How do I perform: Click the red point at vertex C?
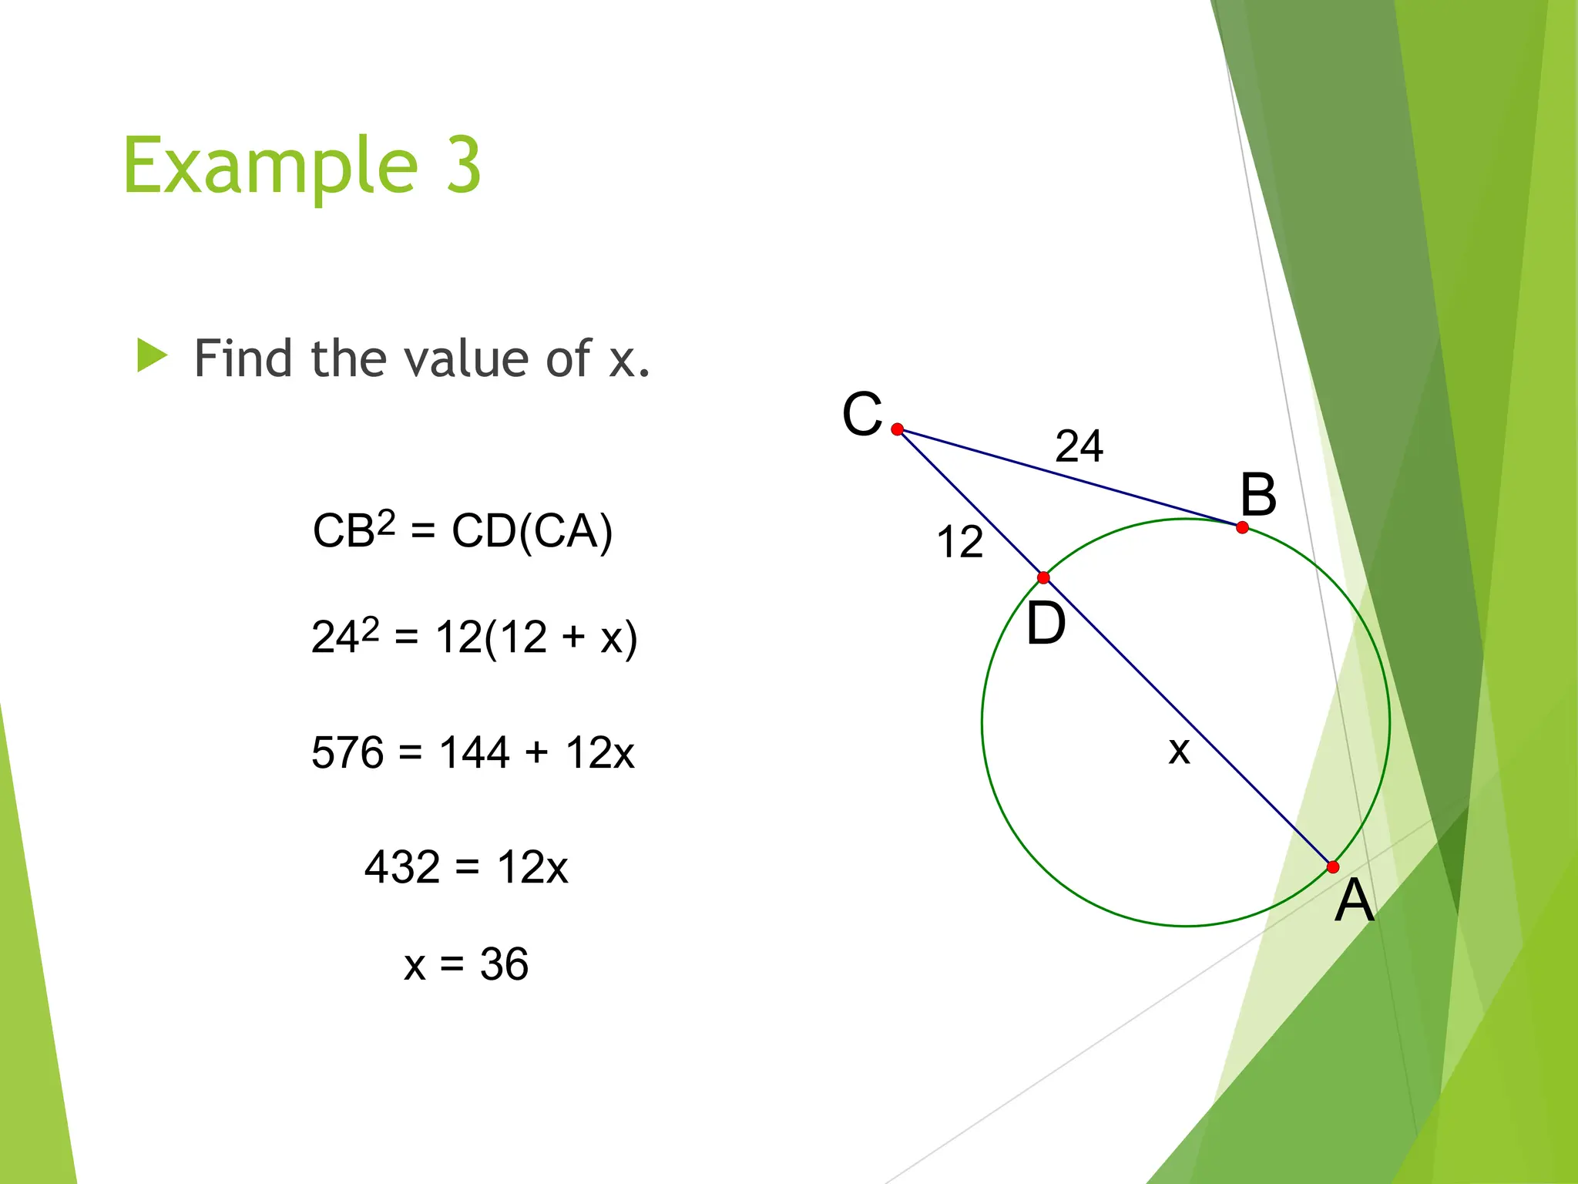(897, 429)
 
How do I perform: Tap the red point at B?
(1242, 528)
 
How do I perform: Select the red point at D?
(1043, 577)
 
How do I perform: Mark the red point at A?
(1333, 867)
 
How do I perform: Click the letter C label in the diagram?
(861, 414)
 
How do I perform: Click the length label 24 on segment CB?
(1079, 446)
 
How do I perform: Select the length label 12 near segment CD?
(959, 541)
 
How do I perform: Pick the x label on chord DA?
(1179, 750)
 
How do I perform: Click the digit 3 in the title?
(463, 165)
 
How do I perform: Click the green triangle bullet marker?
(152, 356)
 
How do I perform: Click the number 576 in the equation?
(347, 752)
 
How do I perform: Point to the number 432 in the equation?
(401, 867)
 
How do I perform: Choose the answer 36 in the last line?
(504, 964)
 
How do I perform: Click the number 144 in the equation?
(474, 752)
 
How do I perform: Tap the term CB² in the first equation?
(354, 530)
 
